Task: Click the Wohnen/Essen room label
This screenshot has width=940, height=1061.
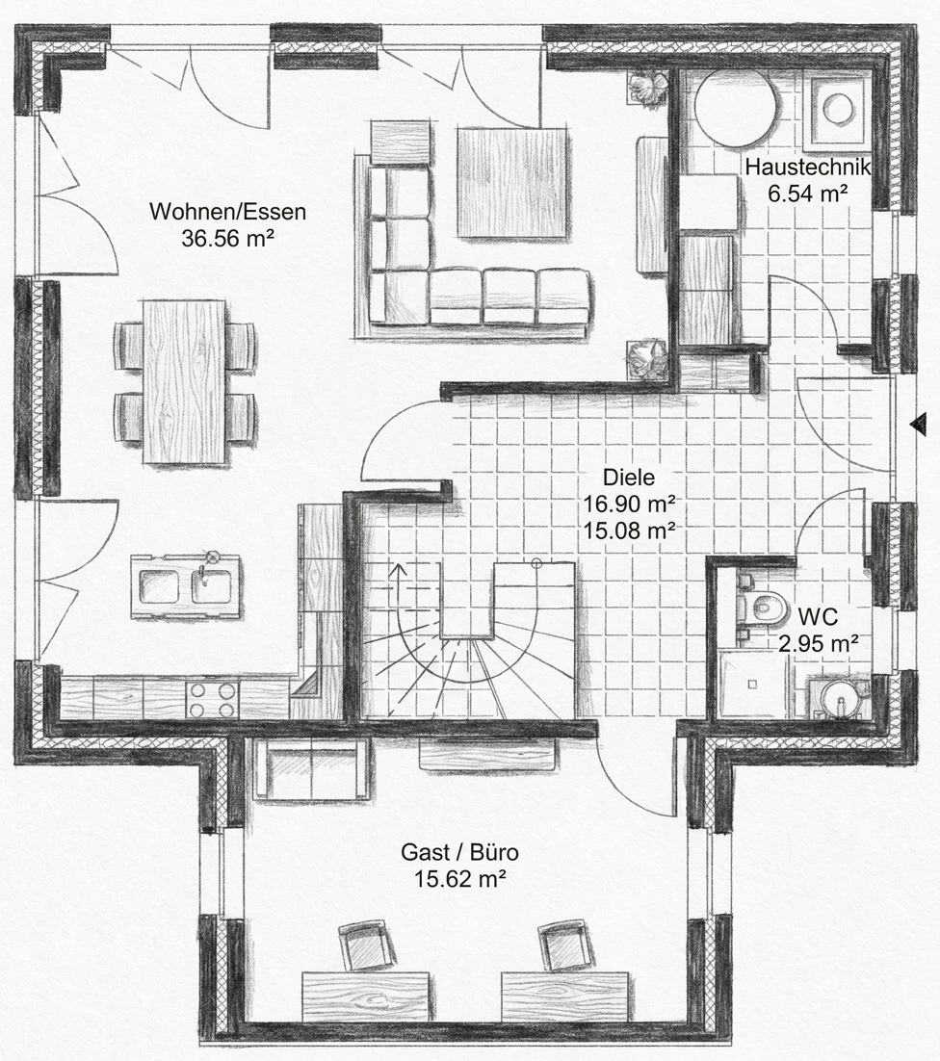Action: tap(227, 212)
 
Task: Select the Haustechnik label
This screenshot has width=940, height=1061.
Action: tap(807, 167)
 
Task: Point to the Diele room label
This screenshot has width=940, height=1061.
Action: tap(629, 477)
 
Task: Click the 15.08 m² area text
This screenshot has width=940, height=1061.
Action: tap(629, 530)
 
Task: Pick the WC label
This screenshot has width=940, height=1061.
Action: tap(818, 617)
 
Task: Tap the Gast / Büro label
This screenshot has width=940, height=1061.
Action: tap(460, 851)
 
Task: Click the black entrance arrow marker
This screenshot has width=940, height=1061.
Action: tap(919, 425)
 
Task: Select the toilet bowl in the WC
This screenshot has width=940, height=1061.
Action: tap(765, 607)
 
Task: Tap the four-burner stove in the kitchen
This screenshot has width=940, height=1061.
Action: tap(213, 700)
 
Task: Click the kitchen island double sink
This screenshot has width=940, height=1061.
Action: tap(186, 586)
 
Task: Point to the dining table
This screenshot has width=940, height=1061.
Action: tap(184, 382)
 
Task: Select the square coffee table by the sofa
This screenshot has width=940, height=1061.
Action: tap(511, 183)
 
